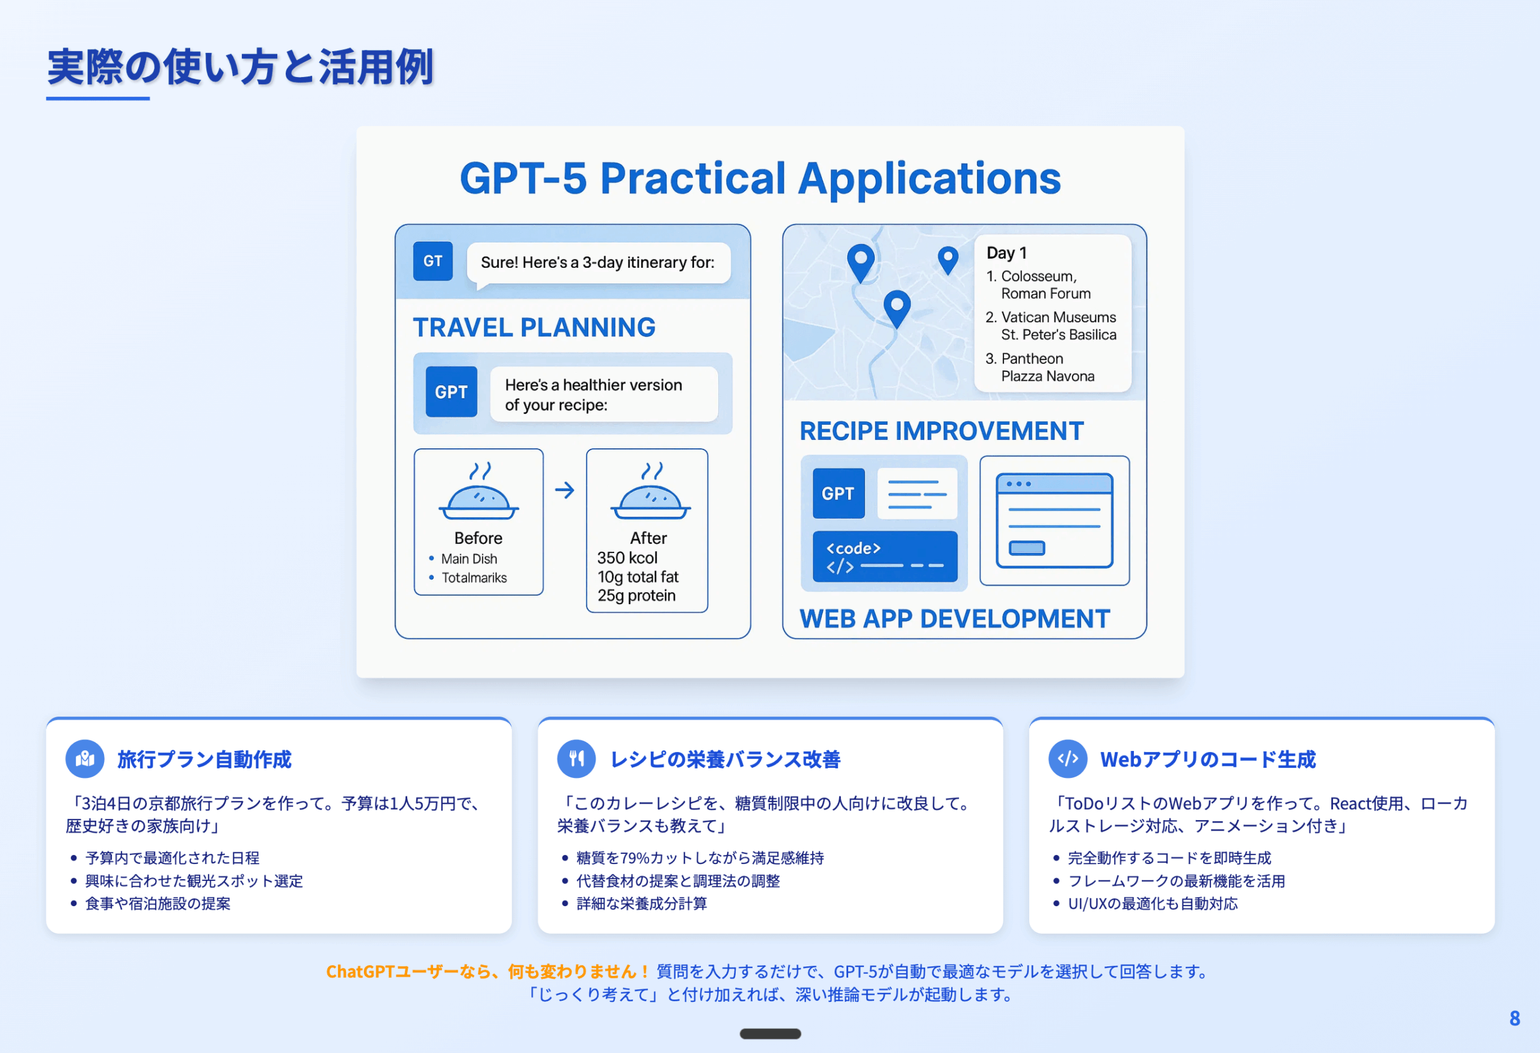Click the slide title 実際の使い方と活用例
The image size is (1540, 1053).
(x=241, y=67)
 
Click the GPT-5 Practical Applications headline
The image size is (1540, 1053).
(x=760, y=178)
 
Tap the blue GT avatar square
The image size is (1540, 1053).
(x=433, y=261)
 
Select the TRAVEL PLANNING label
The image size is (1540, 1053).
(x=534, y=327)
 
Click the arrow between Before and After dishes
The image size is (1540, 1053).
(x=565, y=490)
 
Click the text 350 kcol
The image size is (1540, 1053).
(x=627, y=558)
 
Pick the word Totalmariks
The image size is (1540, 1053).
(x=474, y=578)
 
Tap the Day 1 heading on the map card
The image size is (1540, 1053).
(x=1006, y=253)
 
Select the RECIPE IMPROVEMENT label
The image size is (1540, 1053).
(x=941, y=431)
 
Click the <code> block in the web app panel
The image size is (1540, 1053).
(x=885, y=557)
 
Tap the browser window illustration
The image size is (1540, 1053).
(x=1055, y=520)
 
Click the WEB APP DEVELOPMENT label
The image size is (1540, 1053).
(x=955, y=619)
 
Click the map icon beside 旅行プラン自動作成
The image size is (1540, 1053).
(x=85, y=759)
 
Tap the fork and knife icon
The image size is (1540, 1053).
(x=576, y=759)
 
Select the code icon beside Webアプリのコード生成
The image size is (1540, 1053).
(x=1068, y=759)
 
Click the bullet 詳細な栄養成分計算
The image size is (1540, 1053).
(x=641, y=904)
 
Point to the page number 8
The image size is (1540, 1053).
(x=1514, y=1018)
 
